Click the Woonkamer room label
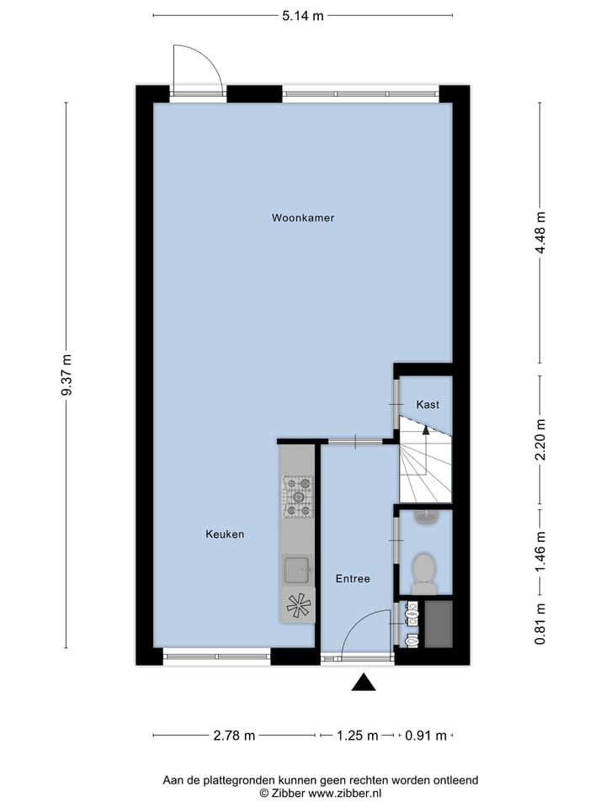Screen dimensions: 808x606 click(x=303, y=218)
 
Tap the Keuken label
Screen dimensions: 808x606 click(x=225, y=534)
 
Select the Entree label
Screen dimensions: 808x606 click(x=353, y=579)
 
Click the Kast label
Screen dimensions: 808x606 click(x=428, y=405)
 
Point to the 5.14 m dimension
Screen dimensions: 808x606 click(x=302, y=15)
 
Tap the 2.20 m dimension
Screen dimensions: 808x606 click(x=541, y=439)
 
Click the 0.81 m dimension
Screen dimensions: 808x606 click(x=541, y=624)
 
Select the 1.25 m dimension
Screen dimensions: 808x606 click(x=357, y=736)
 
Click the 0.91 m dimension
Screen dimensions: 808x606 click(x=425, y=736)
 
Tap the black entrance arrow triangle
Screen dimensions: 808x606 click(x=364, y=683)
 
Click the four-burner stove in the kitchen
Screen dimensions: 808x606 click(x=296, y=497)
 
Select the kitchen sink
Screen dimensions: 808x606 click(x=295, y=570)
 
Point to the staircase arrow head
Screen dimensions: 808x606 click(x=426, y=430)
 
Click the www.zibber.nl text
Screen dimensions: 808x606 click(x=345, y=793)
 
